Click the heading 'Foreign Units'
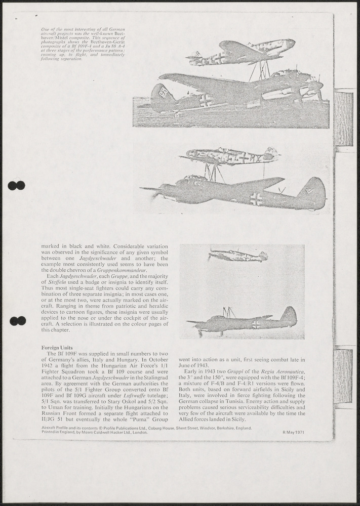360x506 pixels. [57, 348]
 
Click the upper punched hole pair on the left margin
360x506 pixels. [17, 186]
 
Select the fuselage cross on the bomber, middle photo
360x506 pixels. [256, 199]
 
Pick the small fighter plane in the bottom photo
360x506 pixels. [238, 255]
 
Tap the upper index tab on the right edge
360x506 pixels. [343, 119]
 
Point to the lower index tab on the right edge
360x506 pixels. [343, 375]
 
